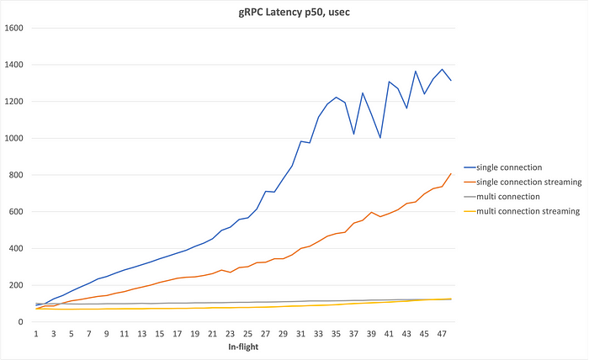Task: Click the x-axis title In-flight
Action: coord(243,347)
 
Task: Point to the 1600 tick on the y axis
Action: coord(15,28)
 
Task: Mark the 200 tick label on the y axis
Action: coord(18,285)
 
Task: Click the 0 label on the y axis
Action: coord(23,322)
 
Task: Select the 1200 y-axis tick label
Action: coord(15,101)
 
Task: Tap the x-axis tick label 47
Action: coord(442,334)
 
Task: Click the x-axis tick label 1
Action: coord(37,334)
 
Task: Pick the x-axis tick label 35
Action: coord(336,334)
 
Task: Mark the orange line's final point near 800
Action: coord(450,174)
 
